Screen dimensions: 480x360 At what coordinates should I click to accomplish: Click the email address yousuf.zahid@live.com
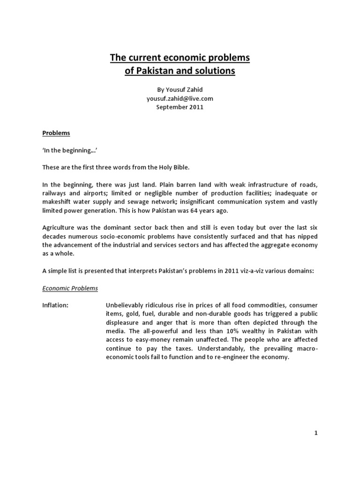tap(180, 99)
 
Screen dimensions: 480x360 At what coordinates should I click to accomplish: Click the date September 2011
tap(180, 107)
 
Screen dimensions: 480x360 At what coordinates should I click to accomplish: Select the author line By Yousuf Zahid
tap(180, 90)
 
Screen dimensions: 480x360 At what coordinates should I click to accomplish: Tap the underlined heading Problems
tap(56, 133)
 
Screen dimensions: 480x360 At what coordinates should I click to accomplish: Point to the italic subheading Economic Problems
tap(70, 288)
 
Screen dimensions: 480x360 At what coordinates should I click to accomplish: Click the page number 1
tap(316, 433)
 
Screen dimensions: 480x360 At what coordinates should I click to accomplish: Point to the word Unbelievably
tap(127, 305)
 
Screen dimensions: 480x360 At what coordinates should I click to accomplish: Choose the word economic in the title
tap(188, 58)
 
